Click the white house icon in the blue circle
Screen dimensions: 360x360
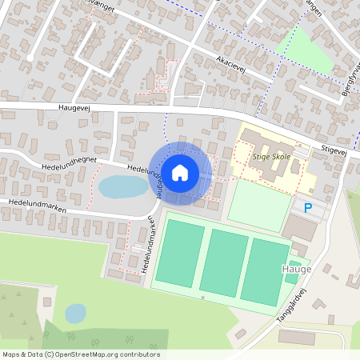pyautogui.click(x=181, y=172)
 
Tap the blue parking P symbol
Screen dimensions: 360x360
pyautogui.click(x=309, y=208)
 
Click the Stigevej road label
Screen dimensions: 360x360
pyautogui.click(x=334, y=149)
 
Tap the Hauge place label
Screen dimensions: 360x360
pyautogui.click(x=297, y=270)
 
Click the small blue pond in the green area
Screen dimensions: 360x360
pyautogui.click(x=75, y=313)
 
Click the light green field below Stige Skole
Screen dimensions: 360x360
pyautogui.click(x=258, y=206)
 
